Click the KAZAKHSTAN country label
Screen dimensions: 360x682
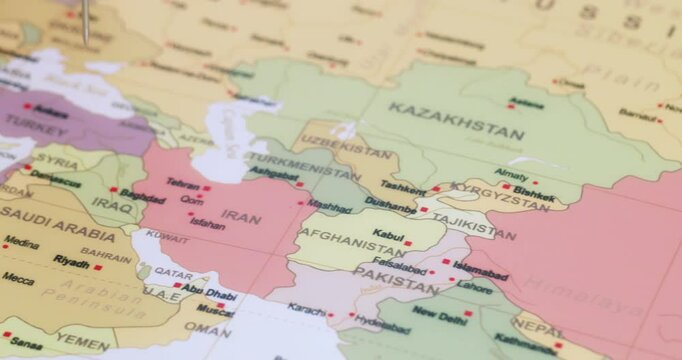[455, 120]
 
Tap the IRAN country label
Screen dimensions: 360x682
[240, 215]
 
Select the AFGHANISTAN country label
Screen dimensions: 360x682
[352, 241]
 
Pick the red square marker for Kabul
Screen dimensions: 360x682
[407, 243]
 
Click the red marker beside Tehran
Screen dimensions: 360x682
[207, 188]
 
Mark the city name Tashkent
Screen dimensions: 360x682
[402, 187]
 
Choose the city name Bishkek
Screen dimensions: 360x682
[537, 198]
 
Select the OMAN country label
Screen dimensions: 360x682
[207, 329]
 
